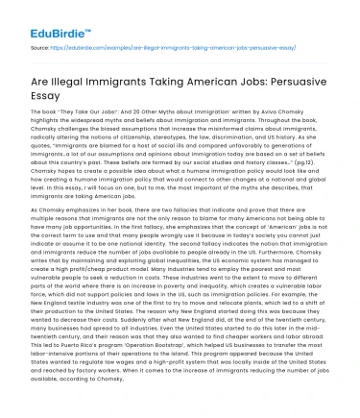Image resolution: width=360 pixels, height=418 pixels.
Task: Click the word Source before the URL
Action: click(40, 45)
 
